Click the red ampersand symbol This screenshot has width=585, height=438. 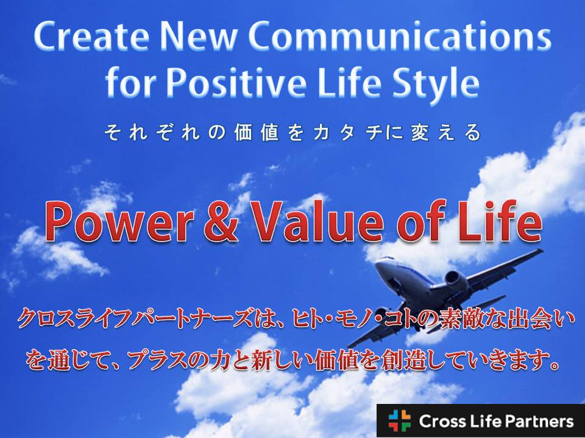tap(221, 222)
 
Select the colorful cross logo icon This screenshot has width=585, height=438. tap(399, 421)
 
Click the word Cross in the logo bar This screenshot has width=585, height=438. tap(441, 421)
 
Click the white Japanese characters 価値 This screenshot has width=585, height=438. tap(257, 133)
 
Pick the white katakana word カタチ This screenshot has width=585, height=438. tap(349, 133)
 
